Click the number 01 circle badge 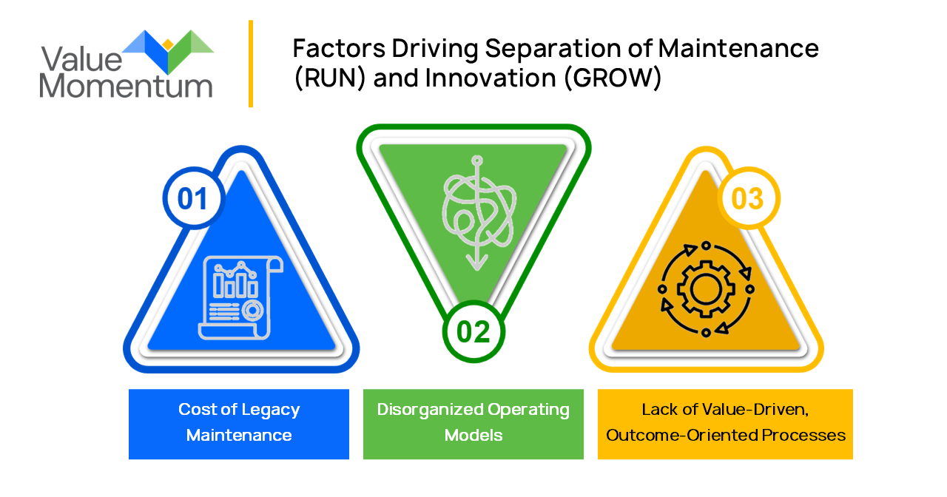pos(192,198)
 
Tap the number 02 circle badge pos(473,331)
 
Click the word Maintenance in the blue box pos(239,435)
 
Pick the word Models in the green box pos(473,435)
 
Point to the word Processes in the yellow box pos(806,435)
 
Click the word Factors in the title pos(339,49)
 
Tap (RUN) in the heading pos(330,78)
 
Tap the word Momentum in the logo pos(126,86)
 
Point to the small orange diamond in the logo pos(168,44)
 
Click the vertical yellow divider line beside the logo pos(251,64)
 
